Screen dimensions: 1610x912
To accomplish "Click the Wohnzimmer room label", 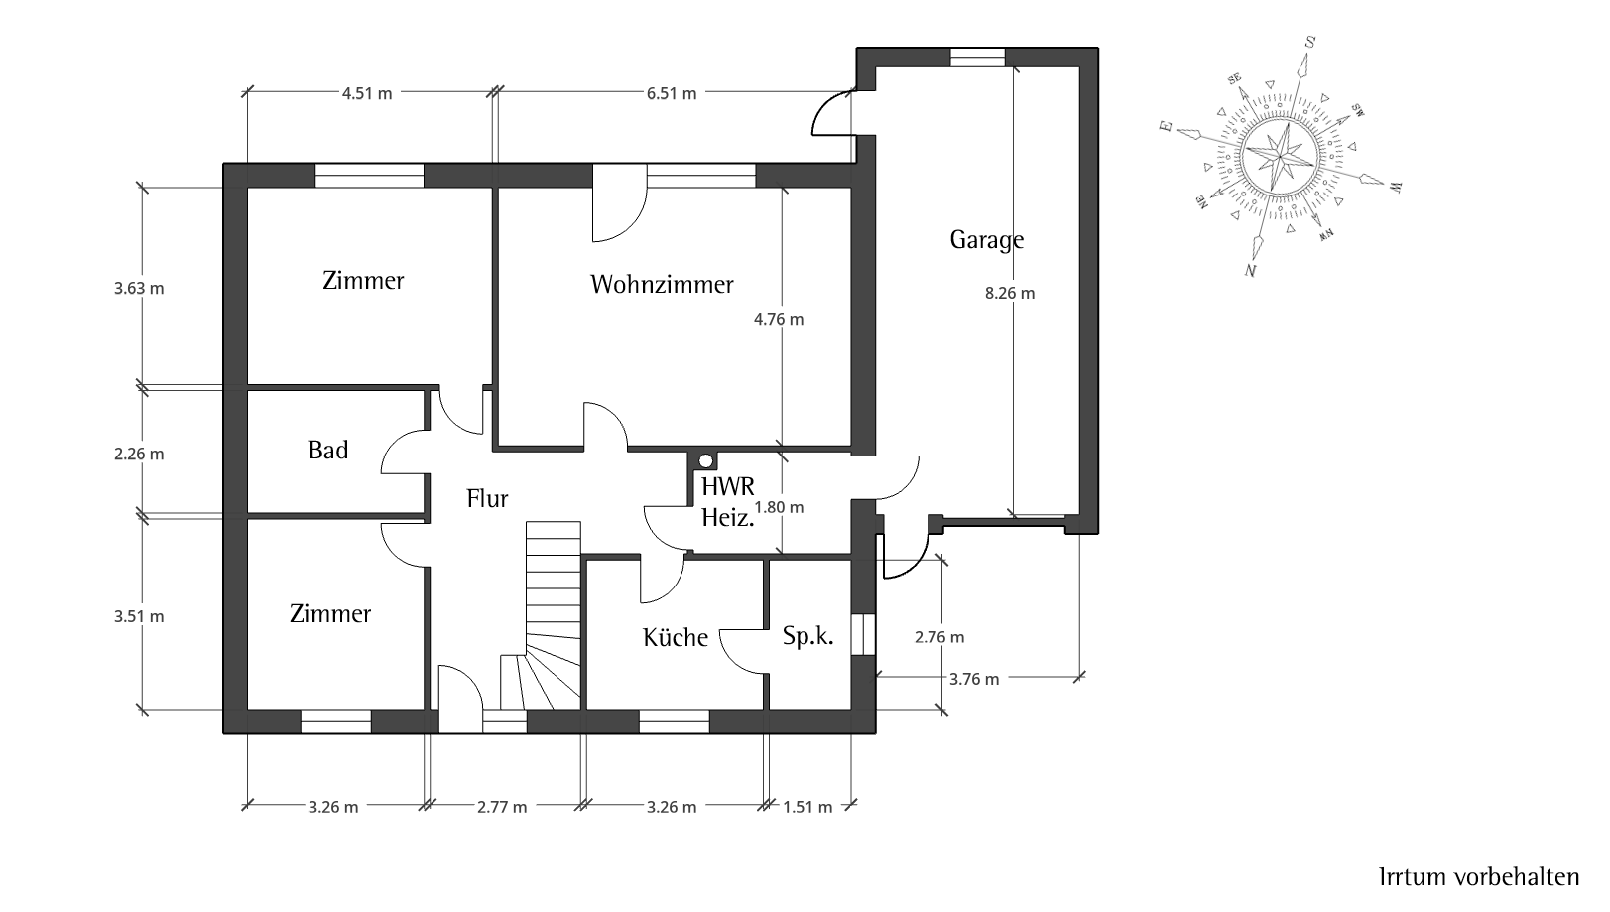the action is pyautogui.click(x=662, y=284).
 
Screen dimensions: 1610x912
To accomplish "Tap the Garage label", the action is pyautogui.click(x=987, y=239).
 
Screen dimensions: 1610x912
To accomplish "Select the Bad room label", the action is pyautogui.click(x=328, y=450).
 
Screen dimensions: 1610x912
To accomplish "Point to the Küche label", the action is pyautogui.click(x=675, y=637).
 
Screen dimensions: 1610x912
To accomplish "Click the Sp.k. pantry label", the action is pyautogui.click(x=807, y=636).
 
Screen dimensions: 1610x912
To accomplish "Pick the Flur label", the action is pyautogui.click(x=487, y=498).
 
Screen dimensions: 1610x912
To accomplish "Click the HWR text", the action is pyautogui.click(x=728, y=487).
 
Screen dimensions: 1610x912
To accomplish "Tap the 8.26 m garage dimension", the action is pyautogui.click(x=1010, y=293).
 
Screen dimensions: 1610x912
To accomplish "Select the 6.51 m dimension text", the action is pyautogui.click(x=672, y=93).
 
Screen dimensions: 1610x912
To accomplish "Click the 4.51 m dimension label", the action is pyautogui.click(x=367, y=93).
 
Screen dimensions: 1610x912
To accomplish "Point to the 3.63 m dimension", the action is pyautogui.click(x=139, y=289).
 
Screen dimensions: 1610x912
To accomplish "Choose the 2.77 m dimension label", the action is pyautogui.click(x=502, y=807).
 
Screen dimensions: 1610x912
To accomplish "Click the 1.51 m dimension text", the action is pyautogui.click(x=807, y=807).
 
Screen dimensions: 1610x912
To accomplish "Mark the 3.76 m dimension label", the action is pyautogui.click(x=974, y=679).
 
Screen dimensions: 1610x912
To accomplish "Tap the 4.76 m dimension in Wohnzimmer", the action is pyautogui.click(x=779, y=319).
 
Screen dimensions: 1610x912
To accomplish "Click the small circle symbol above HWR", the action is pyautogui.click(x=706, y=460).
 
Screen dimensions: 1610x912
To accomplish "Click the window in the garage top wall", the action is pyautogui.click(x=977, y=57).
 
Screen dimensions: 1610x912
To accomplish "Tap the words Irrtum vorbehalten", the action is pyautogui.click(x=1479, y=876).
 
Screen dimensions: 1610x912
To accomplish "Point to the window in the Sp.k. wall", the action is pyautogui.click(x=863, y=634).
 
